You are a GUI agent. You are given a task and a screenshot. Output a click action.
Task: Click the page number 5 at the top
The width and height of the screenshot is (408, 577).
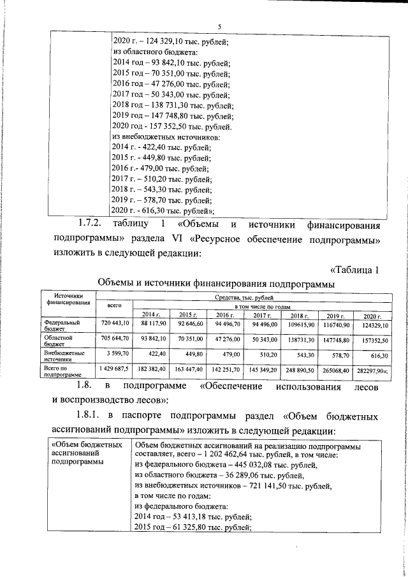coord(219,26)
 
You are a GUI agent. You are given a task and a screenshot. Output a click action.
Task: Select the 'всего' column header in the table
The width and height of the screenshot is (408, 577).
coord(114,306)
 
